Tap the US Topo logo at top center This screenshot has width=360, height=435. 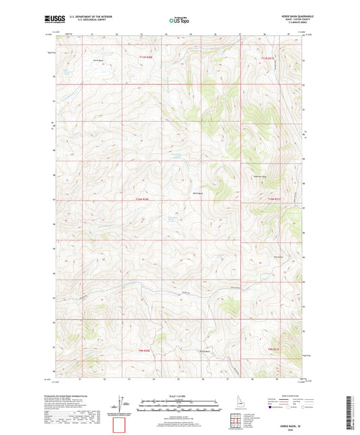click(178, 20)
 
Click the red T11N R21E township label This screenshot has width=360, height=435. click(269, 59)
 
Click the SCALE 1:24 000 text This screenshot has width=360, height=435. click(179, 396)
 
